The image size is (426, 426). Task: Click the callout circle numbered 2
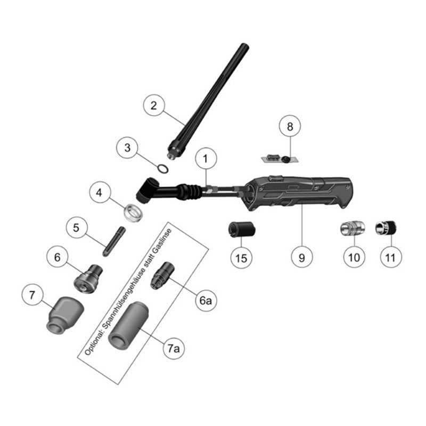(154, 105)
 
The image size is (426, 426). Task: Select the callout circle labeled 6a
(206, 300)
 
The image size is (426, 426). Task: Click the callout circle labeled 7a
(174, 348)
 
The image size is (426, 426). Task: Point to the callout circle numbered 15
(241, 258)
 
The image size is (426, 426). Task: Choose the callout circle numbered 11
(390, 257)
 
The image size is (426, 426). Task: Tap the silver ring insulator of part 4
(134, 212)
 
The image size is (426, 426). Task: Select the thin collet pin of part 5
(113, 242)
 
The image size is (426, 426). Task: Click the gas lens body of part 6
(88, 278)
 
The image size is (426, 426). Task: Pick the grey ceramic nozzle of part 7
(64, 315)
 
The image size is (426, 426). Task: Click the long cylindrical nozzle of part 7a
(128, 325)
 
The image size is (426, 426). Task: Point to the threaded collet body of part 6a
(162, 276)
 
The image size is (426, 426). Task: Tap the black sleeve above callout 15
(242, 229)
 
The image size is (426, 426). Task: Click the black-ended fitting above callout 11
(386, 228)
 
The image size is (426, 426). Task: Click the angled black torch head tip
(145, 190)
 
